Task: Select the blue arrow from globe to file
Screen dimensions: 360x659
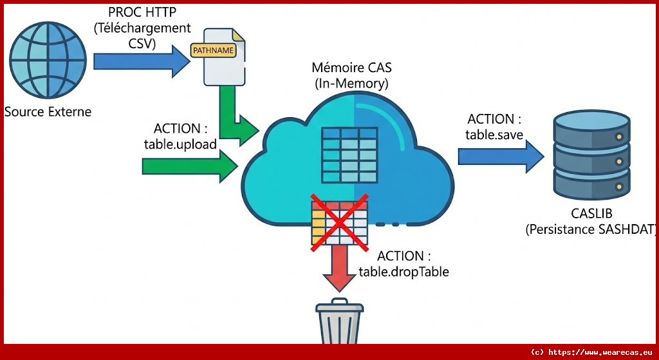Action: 142,61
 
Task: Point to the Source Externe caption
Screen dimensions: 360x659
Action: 48,112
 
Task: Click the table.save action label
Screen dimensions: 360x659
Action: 494,127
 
